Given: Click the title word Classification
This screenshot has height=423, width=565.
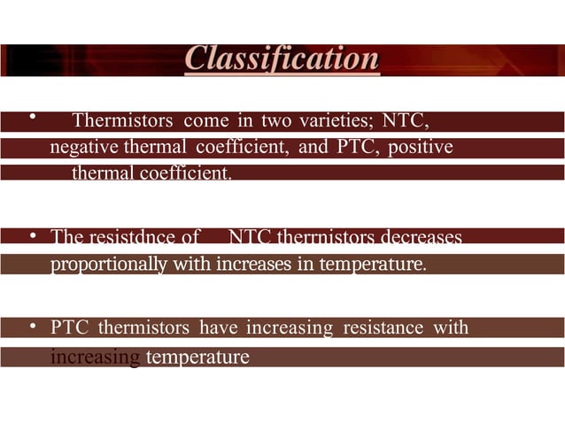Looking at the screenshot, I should pyautogui.click(x=282, y=59).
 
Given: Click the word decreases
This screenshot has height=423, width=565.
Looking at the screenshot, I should pyautogui.click(x=419, y=237).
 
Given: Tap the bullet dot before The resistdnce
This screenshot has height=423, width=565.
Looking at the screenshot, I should pyautogui.click(x=32, y=237).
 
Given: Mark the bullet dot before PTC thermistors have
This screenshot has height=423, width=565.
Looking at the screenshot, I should pyautogui.click(x=32, y=328).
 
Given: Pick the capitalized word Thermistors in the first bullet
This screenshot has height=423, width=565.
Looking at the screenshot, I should pyautogui.click(x=124, y=120).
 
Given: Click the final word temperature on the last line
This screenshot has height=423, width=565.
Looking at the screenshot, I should pyautogui.click(x=197, y=358).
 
